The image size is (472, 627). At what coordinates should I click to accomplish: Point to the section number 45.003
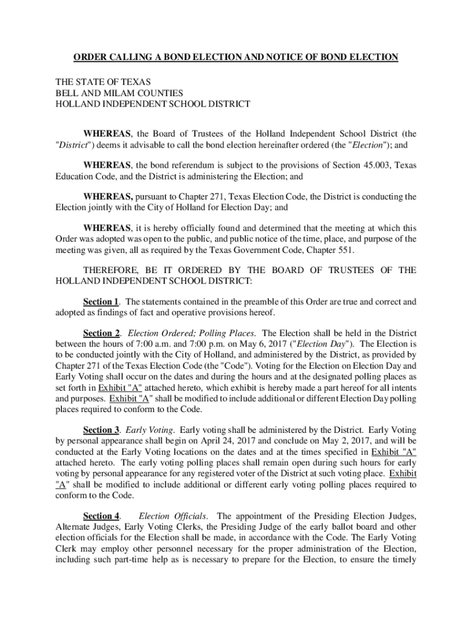pos(368,165)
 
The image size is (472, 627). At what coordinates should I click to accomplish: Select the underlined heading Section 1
pos(101,302)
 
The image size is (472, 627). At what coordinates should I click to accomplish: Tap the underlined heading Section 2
pos(101,333)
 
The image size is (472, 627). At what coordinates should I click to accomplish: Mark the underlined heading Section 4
pos(101,516)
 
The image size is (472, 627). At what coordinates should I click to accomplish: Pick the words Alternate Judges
pos(85,527)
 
